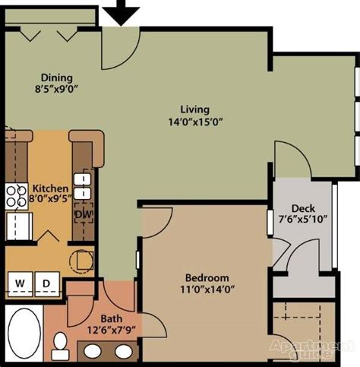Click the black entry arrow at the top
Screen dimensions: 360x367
tap(121, 13)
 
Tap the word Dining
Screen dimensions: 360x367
tap(57, 78)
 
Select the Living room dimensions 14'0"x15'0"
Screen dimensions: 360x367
tap(195, 122)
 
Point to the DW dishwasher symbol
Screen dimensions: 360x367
tap(84, 214)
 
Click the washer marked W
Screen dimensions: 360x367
tap(20, 283)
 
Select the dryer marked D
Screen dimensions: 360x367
tap(47, 283)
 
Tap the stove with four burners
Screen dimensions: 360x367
tap(17, 197)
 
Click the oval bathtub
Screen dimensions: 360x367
tap(24, 333)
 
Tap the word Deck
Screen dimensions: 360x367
tap(303, 208)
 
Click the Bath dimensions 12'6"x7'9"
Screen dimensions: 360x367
tap(112, 330)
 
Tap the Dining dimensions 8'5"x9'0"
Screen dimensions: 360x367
tap(56, 89)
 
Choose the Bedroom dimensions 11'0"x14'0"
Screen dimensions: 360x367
tap(207, 289)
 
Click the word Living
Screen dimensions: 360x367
tap(195, 109)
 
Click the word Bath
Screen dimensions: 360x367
tap(112, 318)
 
